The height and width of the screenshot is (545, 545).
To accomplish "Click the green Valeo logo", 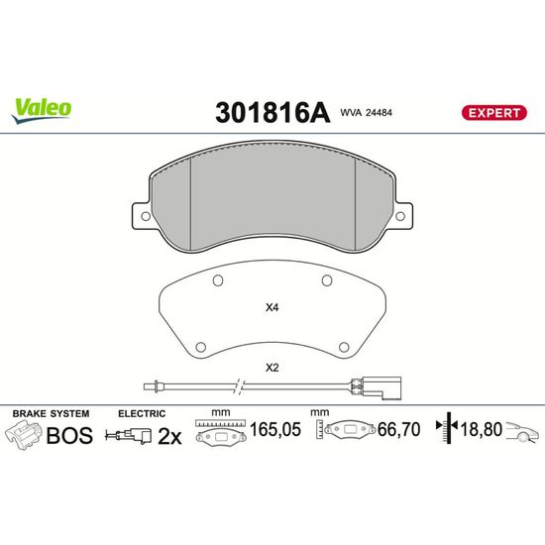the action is (42, 111).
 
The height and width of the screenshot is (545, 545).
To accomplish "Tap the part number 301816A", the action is (272, 113).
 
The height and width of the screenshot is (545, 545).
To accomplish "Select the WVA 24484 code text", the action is (366, 113).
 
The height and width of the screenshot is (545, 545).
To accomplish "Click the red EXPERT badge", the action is (493, 113).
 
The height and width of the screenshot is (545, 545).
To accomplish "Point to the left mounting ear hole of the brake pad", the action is (146, 216).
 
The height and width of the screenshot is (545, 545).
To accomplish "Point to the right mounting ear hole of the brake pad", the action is (400, 216).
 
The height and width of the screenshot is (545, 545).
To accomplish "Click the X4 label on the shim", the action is (272, 307).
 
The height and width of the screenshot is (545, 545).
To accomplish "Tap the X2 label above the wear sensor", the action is (272, 368).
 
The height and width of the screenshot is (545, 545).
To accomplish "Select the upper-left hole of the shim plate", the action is (218, 280).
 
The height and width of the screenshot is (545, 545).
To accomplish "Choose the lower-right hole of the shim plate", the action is (344, 347).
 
